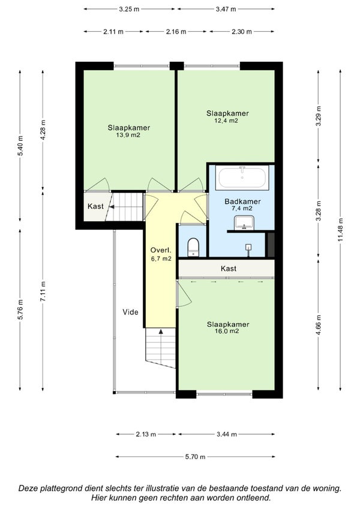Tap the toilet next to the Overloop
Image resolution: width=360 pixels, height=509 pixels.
[193, 247]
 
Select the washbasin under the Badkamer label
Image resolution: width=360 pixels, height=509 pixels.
[244, 222]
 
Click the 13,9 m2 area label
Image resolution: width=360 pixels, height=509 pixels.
[128, 135]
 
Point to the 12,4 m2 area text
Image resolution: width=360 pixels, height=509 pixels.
[226, 121]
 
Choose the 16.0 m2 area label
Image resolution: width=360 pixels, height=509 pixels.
[227, 332]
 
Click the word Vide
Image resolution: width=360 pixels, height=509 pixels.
[130, 312]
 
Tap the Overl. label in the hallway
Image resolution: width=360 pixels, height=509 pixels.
[161, 250]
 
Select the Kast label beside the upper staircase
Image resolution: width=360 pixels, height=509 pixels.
[95, 206]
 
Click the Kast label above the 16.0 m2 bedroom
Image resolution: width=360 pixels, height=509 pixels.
[229, 269]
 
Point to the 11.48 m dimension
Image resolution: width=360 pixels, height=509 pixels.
[340, 230]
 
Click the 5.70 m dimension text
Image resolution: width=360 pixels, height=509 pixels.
[195, 457]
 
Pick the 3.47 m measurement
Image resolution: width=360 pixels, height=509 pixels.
[226, 9]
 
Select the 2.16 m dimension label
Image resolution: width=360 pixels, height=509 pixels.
[176, 32]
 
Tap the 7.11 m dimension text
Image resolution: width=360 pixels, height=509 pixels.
[43, 291]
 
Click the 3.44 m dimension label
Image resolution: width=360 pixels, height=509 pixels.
[226, 434]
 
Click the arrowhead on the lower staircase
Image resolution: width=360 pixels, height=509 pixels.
[161, 332]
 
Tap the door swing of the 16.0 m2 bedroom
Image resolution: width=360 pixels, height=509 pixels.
[184, 294]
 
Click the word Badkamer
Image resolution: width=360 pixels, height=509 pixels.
[243, 201]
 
